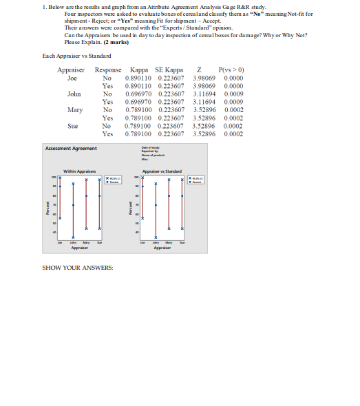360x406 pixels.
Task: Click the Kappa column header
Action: [x=140, y=70]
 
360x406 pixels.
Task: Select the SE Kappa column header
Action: [x=169, y=70]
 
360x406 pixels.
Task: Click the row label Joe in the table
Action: [x=74, y=78]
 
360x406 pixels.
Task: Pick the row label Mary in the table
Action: [x=75, y=109]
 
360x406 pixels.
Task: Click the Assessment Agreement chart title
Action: [x=72, y=149]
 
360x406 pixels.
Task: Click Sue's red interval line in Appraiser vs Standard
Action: [x=182, y=206]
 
